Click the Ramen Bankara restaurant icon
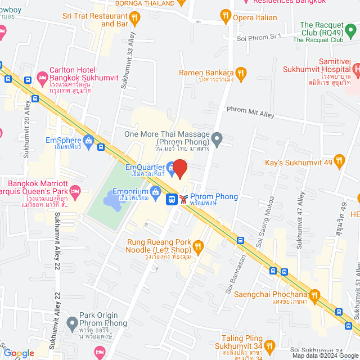[x=241, y=73]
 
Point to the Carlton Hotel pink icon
[x=42, y=76]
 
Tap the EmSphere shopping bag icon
[x=88, y=141]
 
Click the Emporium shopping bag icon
[x=155, y=193]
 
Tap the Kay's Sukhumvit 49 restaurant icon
[x=339, y=161]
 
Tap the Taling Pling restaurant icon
[x=269, y=345]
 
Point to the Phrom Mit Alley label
[x=250, y=112]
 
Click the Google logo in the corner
[x=20, y=353]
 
